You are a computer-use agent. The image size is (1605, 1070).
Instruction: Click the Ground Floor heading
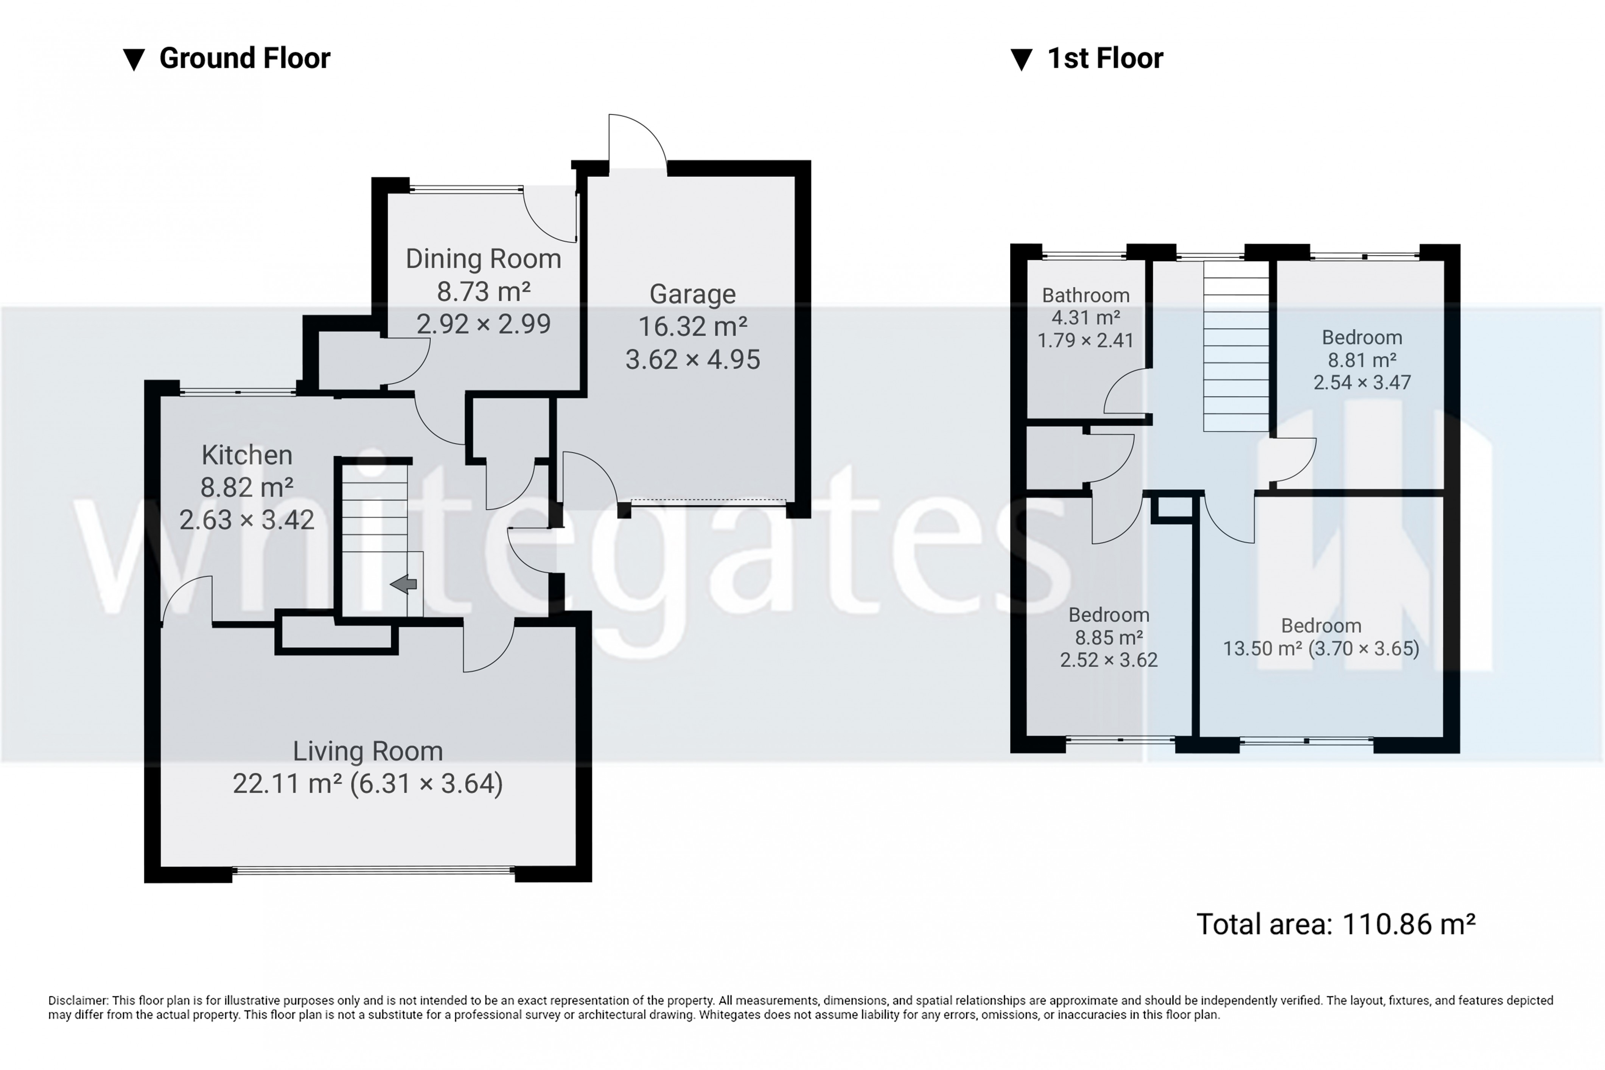tap(244, 59)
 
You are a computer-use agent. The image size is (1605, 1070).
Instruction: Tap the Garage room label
tap(693, 294)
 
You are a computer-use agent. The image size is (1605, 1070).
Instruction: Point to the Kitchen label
tap(247, 455)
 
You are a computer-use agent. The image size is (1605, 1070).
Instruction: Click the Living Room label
tap(368, 751)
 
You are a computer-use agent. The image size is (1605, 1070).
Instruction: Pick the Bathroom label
tap(1086, 295)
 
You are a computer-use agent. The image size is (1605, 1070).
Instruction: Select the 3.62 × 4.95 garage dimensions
tap(693, 359)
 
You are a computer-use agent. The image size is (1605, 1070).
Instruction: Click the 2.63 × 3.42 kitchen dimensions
tap(247, 520)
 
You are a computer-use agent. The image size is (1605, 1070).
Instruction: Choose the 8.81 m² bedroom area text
tap(1362, 359)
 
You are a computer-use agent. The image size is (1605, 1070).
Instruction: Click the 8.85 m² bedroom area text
tap(1109, 638)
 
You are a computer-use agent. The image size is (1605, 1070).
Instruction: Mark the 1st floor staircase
tap(1236, 346)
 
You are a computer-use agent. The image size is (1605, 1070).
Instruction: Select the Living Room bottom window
tap(373, 870)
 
